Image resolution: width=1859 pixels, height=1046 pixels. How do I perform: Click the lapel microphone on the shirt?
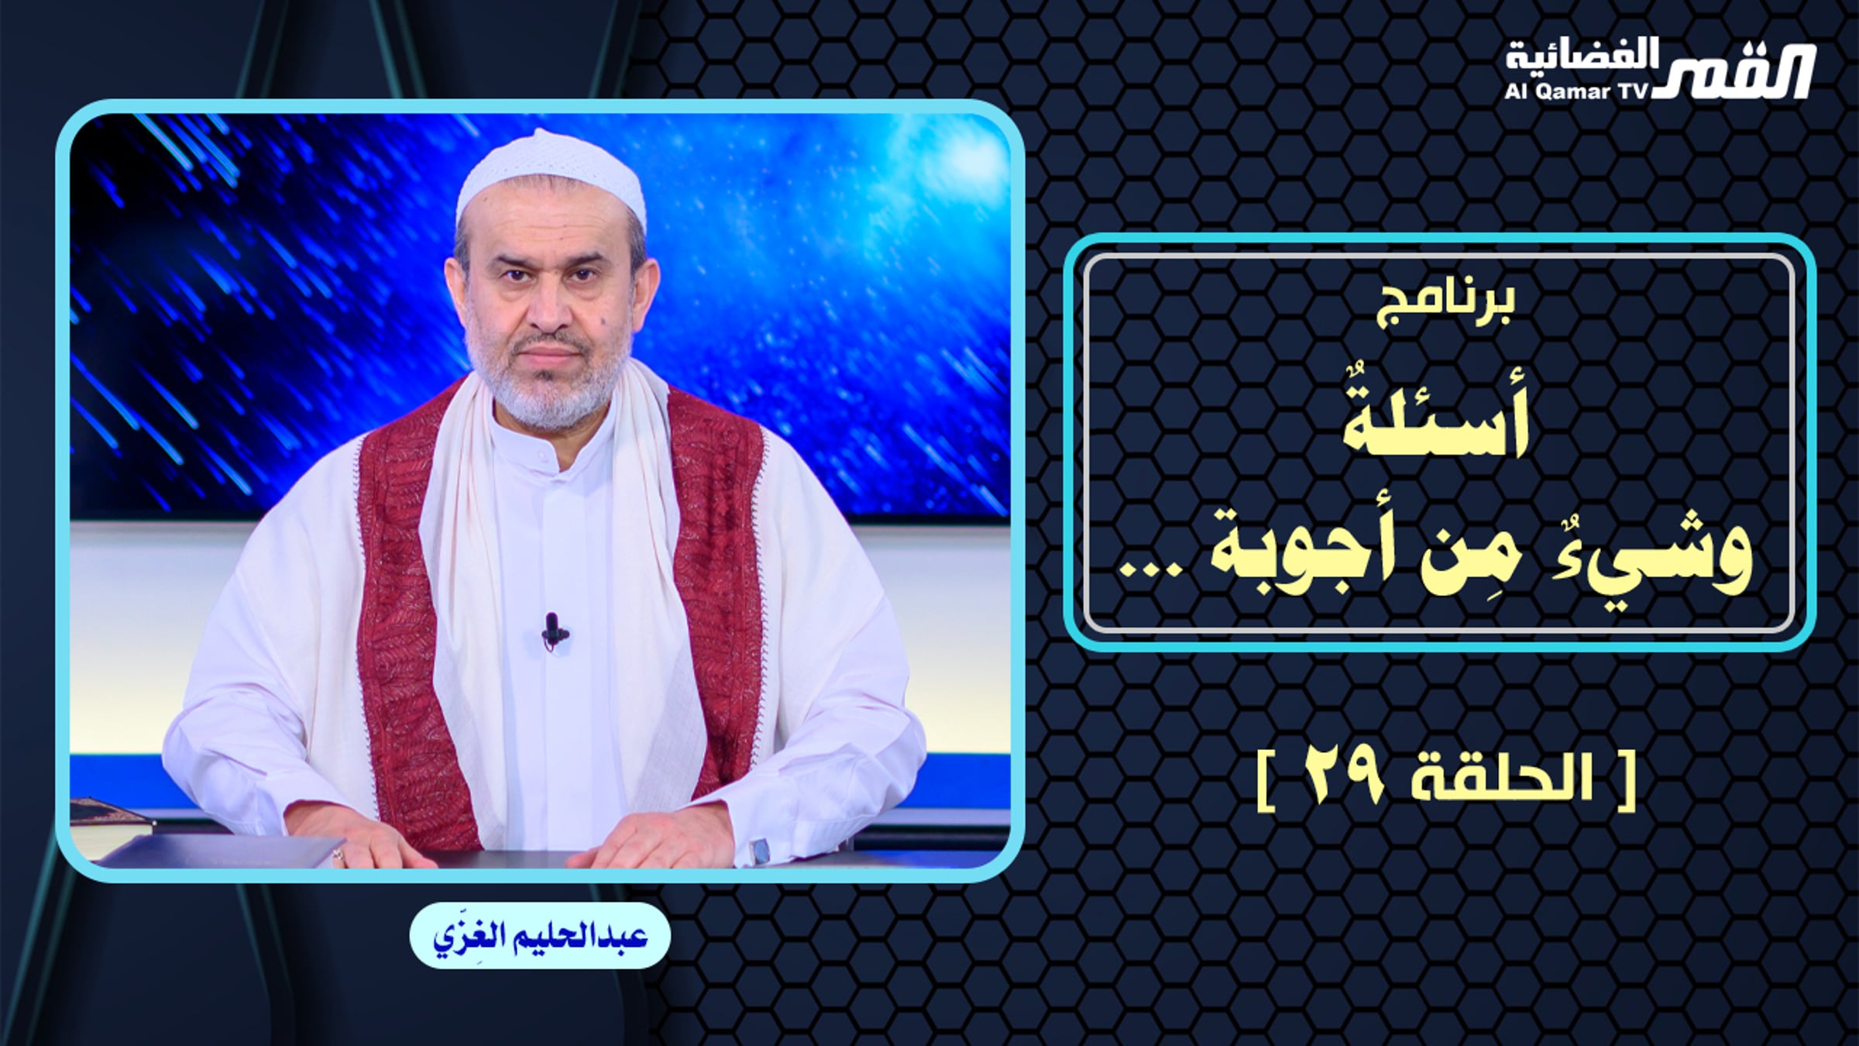point(552,629)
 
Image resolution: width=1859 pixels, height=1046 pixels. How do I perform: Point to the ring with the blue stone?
point(761,851)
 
